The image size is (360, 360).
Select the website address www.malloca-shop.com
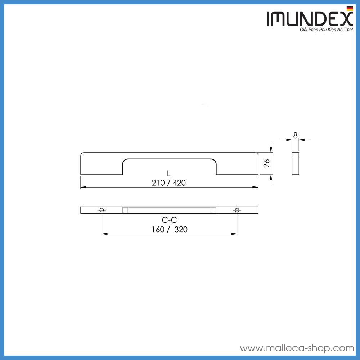[x=297, y=348]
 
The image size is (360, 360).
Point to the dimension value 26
[x=267, y=164]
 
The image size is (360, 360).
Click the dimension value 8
[x=296, y=135]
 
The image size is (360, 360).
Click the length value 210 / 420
[x=169, y=183]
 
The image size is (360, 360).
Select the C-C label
[x=169, y=220]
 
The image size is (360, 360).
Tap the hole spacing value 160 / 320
[x=169, y=229]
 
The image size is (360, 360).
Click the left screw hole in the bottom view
[x=102, y=210]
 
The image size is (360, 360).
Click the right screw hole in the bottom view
[x=237, y=210]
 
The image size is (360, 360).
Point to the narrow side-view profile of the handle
[x=295, y=164]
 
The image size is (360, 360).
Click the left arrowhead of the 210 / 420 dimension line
[x=82, y=187]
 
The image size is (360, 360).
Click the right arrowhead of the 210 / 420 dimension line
[x=256, y=187]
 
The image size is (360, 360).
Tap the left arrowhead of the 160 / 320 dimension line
[x=104, y=234]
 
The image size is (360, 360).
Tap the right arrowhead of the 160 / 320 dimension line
[x=235, y=234]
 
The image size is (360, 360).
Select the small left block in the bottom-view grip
[x=125, y=210]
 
